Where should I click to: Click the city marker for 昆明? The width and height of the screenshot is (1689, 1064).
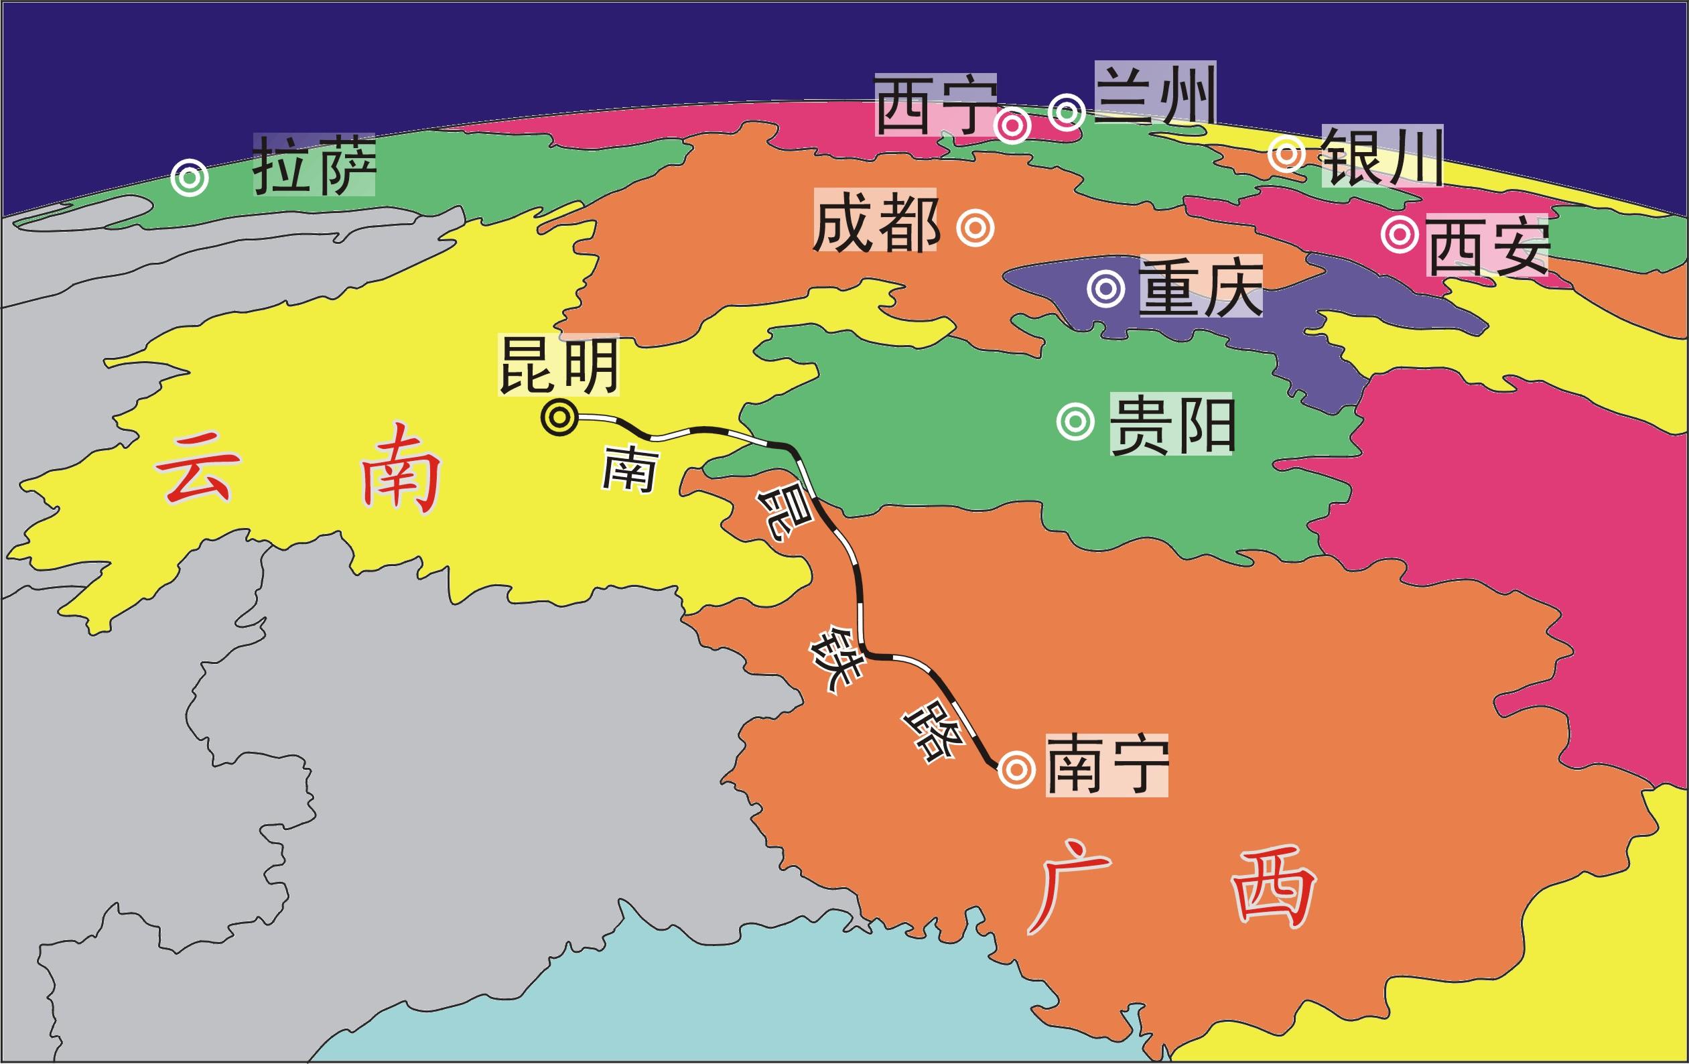tap(559, 418)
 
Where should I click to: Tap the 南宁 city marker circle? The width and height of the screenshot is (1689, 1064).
tap(1016, 769)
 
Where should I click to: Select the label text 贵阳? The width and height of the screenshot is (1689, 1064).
tap(1170, 424)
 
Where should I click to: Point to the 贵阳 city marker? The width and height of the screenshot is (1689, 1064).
tap(1075, 421)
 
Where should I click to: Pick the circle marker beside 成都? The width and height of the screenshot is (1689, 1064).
tap(975, 228)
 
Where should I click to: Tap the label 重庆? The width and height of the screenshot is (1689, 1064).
tap(1200, 286)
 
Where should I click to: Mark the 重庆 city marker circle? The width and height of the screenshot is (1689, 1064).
tap(1106, 288)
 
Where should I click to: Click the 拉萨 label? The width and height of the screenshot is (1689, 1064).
tap(314, 165)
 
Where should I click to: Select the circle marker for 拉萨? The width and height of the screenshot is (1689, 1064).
tap(190, 178)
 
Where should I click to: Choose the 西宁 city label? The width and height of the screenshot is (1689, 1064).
tap(936, 105)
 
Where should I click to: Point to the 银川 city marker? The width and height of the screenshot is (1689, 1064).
tap(1288, 154)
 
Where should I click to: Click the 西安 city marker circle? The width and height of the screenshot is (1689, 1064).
tap(1400, 235)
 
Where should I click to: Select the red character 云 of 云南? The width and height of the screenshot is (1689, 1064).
tap(198, 467)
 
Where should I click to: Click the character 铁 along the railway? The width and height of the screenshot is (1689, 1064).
tap(835, 660)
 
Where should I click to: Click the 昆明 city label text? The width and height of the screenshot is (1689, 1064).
tap(558, 364)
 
